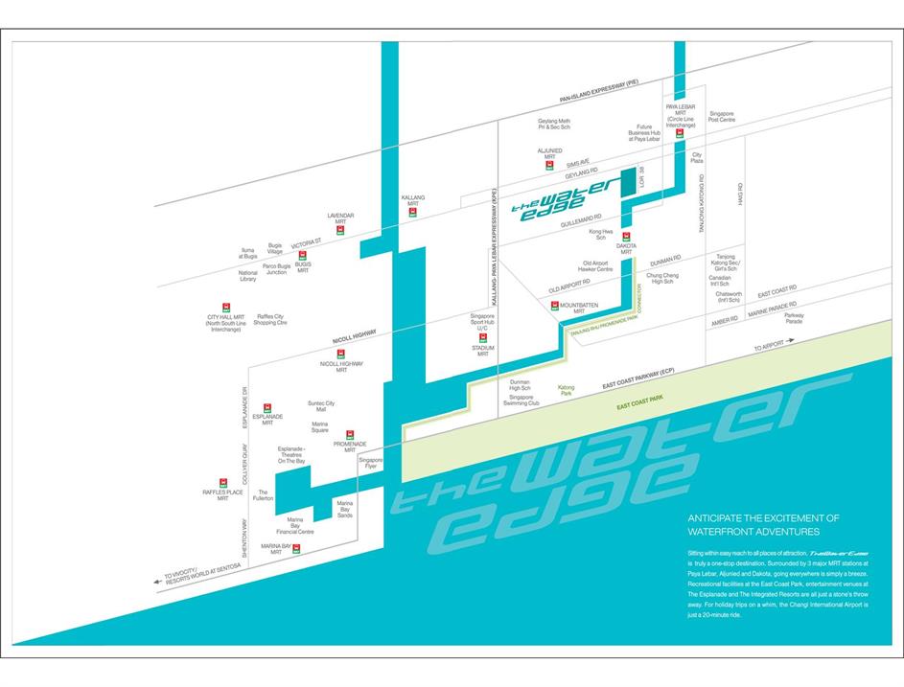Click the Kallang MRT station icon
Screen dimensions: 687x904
[412, 212]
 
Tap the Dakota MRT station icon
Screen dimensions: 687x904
[626, 236]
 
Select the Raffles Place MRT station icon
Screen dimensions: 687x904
[223, 481]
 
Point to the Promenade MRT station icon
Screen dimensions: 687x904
[350, 434]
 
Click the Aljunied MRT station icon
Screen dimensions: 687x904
[548, 164]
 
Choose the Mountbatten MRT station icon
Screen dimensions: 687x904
[555, 305]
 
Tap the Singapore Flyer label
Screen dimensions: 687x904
[371, 463]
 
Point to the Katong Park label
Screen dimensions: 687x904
[566, 390]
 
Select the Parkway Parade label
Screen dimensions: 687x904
[794, 318]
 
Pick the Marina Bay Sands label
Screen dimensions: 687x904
[344, 509]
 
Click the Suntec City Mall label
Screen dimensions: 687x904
[321, 406]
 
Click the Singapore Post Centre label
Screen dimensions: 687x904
[721, 116]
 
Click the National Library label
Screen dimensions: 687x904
[247, 277]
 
